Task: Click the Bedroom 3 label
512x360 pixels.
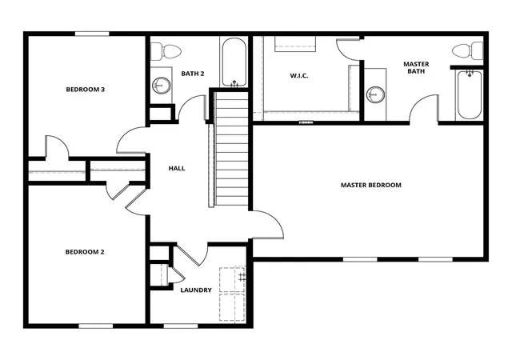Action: click(86, 89)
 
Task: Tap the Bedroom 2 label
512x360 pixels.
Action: click(85, 252)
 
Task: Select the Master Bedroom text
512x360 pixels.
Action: click(371, 185)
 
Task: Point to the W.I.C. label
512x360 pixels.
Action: click(298, 76)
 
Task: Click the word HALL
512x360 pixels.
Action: click(177, 168)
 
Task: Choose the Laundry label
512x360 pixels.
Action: click(196, 290)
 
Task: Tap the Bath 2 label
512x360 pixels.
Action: click(193, 74)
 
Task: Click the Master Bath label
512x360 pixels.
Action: click(416, 68)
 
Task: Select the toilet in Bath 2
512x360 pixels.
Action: click(166, 52)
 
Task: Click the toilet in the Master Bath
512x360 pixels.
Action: click(467, 51)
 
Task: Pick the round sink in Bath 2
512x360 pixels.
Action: click(161, 86)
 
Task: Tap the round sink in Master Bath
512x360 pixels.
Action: click(375, 94)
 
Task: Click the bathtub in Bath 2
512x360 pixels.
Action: click(234, 62)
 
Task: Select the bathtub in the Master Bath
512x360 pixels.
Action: click(470, 94)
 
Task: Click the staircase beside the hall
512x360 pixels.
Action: click(230, 149)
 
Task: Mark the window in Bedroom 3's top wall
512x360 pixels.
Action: click(92, 34)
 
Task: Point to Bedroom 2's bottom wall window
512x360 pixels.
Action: click(96, 326)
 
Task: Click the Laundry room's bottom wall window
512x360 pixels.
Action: click(181, 326)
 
